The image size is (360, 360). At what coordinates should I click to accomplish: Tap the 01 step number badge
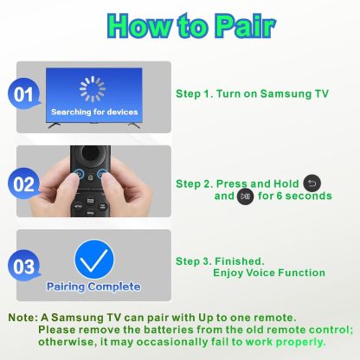(x=23, y=94)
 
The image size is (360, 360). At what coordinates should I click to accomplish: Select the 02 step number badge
(x=23, y=184)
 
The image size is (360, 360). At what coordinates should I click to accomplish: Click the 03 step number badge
(x=23, y=267)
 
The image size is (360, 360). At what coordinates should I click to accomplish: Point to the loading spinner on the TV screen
(x=93, y=89)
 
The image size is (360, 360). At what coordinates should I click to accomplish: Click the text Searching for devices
(x=94, y=112)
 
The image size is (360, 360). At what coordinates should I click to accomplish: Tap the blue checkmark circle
(x=94, y=260)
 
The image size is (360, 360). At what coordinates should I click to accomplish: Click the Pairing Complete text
(x=93, y=286)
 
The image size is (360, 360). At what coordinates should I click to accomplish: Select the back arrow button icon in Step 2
(x=312, y=183)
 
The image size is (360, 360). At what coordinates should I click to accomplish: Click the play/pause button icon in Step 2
(x=245, y=196)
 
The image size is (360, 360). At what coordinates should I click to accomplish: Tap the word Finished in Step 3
(x=238, y=261)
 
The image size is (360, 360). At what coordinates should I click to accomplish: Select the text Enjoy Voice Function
(x=269, y=273)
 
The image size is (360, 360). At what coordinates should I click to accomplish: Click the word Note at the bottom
(x=22, y=318)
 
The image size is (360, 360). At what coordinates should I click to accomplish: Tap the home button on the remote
(x=91, y=177)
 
